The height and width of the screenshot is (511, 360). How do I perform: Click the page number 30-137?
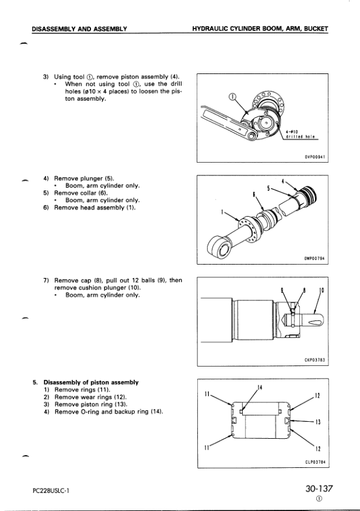coord(319,489)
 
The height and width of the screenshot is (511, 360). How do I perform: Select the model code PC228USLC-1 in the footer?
coord(50,490)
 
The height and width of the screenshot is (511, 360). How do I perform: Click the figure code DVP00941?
coord(314,157)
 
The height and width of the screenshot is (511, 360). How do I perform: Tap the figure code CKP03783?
coord(314,360)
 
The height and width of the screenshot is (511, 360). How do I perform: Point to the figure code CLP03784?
coord(314,462)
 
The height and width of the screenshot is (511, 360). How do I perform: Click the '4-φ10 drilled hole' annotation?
coord(300,134)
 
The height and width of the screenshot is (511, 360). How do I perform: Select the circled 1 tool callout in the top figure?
coord(233,96)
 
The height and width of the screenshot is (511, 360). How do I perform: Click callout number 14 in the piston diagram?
coord(260,387)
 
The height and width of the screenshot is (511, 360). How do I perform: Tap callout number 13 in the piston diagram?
coord(318,422)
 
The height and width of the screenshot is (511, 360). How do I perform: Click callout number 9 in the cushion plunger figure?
coord(282,289)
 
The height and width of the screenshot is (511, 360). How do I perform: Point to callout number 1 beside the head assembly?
coord(222,212)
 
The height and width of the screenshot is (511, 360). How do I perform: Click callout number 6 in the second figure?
coord(254,194)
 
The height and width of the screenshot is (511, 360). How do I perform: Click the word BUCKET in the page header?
coord(316,29)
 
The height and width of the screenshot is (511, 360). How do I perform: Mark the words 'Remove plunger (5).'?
coord(84,178)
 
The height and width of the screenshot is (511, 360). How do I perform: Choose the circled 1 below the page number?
coord(319,499)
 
